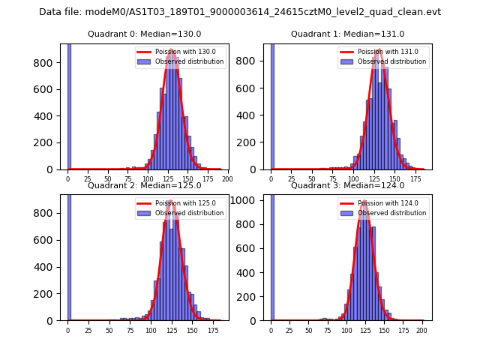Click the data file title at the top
[240, 12]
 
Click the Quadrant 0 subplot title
[145, 34]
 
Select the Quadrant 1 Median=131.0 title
[348, 34]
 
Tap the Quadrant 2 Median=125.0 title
[145, 185]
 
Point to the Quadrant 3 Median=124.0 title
[348, 185]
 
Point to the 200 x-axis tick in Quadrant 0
[227, 180]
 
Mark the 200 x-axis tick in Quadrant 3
[421, 331]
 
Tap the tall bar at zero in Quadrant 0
[69, 105]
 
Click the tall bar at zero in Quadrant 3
[272, 255]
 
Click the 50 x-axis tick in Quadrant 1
[314, 180]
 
